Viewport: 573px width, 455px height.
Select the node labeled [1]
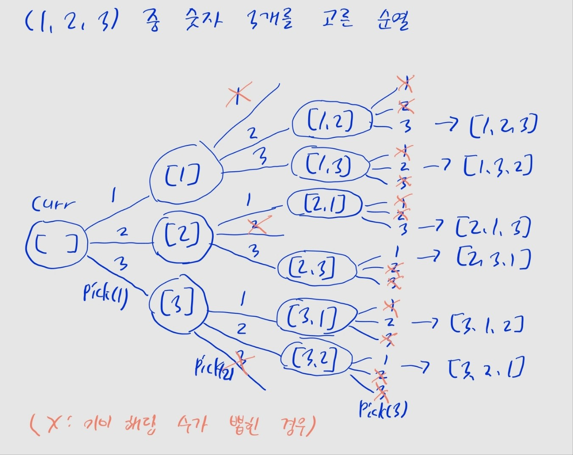tap(186, 175)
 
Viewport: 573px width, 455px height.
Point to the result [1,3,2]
tap(498, 166)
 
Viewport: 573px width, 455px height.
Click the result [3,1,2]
tap(487, 324)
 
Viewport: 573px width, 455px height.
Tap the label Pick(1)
tap(106, 293)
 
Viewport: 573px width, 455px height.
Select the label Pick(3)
tap(383, 410)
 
